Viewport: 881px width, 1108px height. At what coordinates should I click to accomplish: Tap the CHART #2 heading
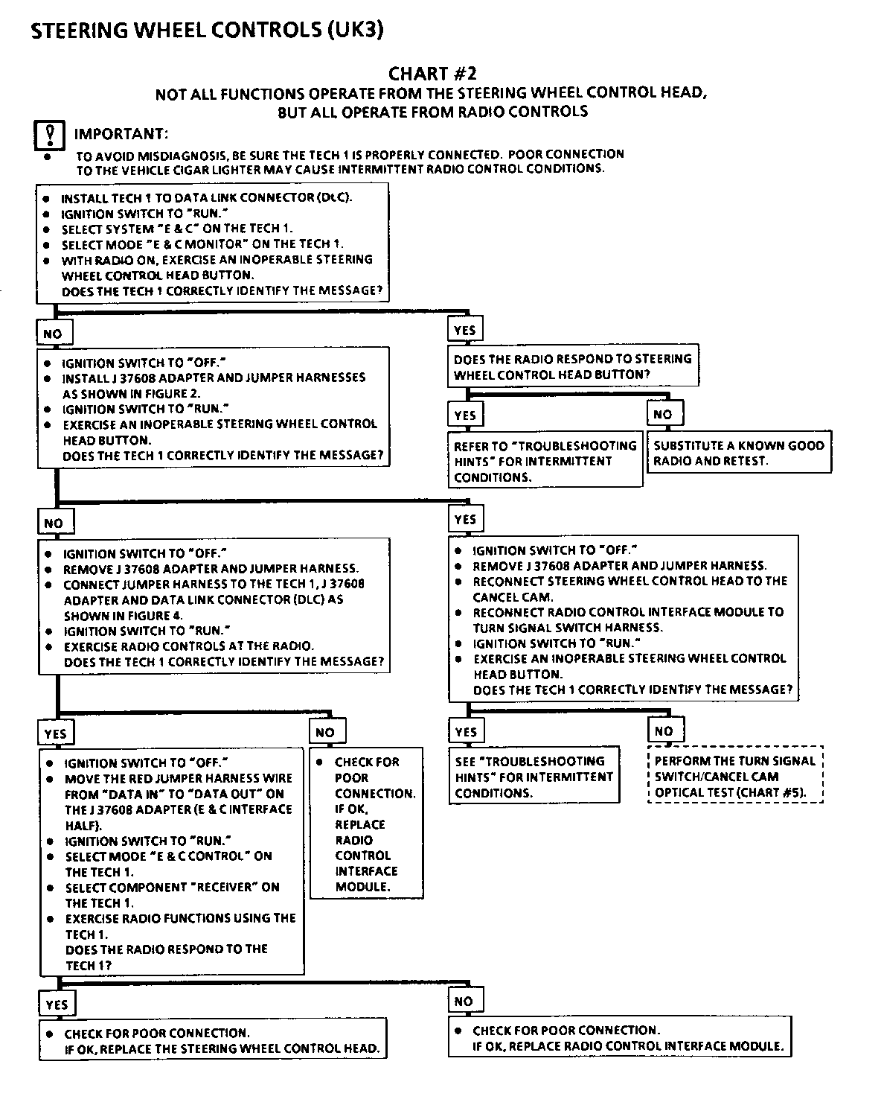coord(432,73)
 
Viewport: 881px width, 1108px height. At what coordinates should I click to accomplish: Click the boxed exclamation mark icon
coord(48,136)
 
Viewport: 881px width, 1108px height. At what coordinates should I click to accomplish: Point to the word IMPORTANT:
coord(121,134)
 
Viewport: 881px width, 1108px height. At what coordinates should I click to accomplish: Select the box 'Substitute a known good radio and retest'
coord(739,453)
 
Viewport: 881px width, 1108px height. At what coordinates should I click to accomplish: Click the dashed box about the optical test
coord(735,777)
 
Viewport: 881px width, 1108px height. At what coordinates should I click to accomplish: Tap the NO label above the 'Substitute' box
coord(662,415)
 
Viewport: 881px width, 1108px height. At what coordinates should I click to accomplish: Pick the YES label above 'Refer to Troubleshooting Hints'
coord(465,415)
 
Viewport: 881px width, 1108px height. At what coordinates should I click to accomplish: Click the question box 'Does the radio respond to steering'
coord(573,366)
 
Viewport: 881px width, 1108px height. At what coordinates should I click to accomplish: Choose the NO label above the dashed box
coord(664,731)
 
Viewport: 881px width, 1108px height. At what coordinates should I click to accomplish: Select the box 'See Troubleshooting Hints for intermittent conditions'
coord(534,777)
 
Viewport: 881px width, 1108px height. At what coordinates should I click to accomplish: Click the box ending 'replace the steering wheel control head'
coord(214,1041)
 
